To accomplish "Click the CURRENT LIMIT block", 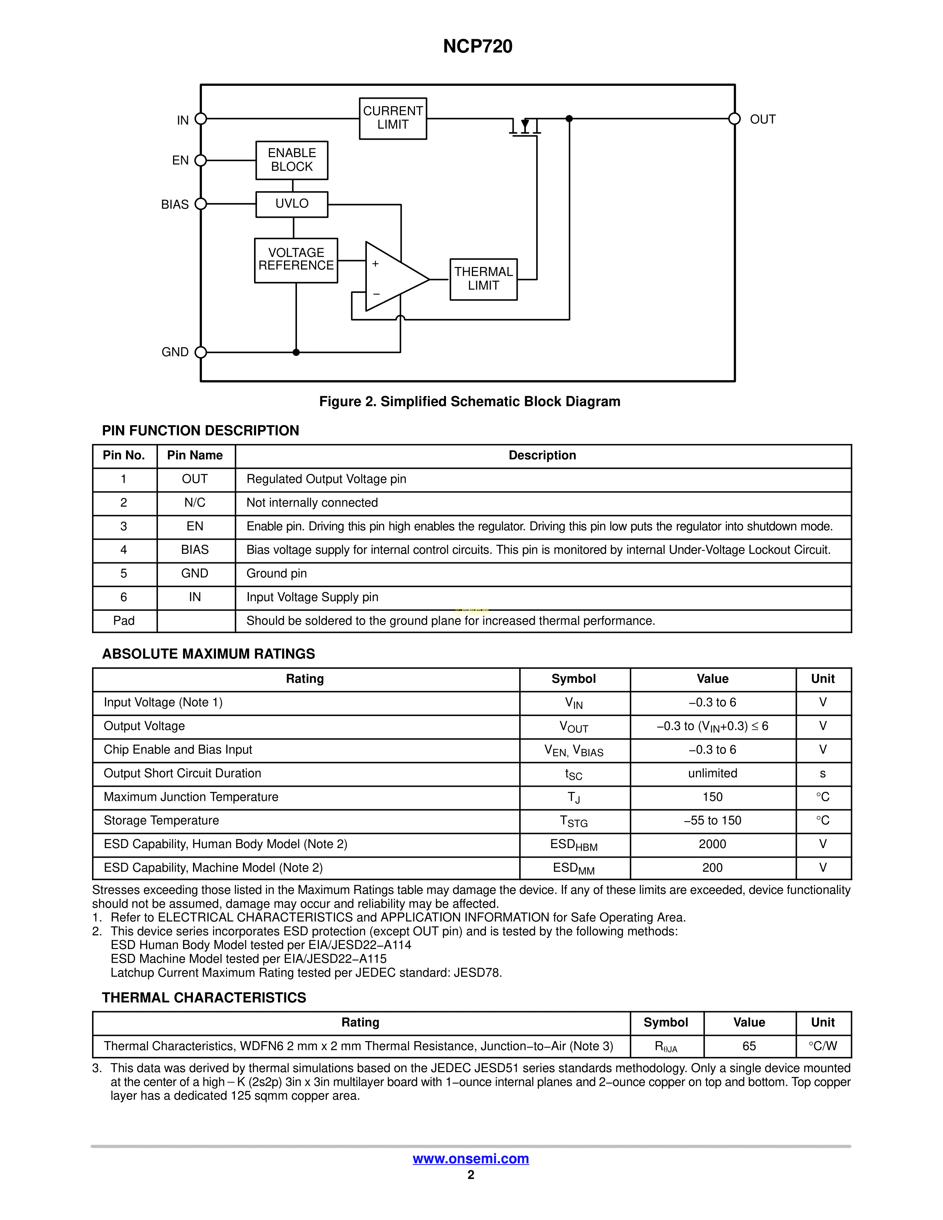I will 393,118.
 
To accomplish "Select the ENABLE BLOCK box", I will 292,160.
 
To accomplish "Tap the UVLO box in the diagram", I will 292,204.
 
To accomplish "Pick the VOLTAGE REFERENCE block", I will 296,260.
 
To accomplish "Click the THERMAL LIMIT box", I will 483,279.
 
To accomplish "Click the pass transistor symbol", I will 525,128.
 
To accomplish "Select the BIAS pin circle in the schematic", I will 200,204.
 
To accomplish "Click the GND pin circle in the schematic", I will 200,352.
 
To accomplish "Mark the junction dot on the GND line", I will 296,352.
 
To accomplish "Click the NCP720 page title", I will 478,46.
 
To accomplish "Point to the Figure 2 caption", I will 469,401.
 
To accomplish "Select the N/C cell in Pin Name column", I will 195,503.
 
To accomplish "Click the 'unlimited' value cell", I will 712,774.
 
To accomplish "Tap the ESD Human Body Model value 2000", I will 712,844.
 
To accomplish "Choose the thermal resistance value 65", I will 749,1046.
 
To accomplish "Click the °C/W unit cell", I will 822,1046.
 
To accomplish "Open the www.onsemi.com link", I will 470,1159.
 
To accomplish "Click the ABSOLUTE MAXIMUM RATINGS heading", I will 208,654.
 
